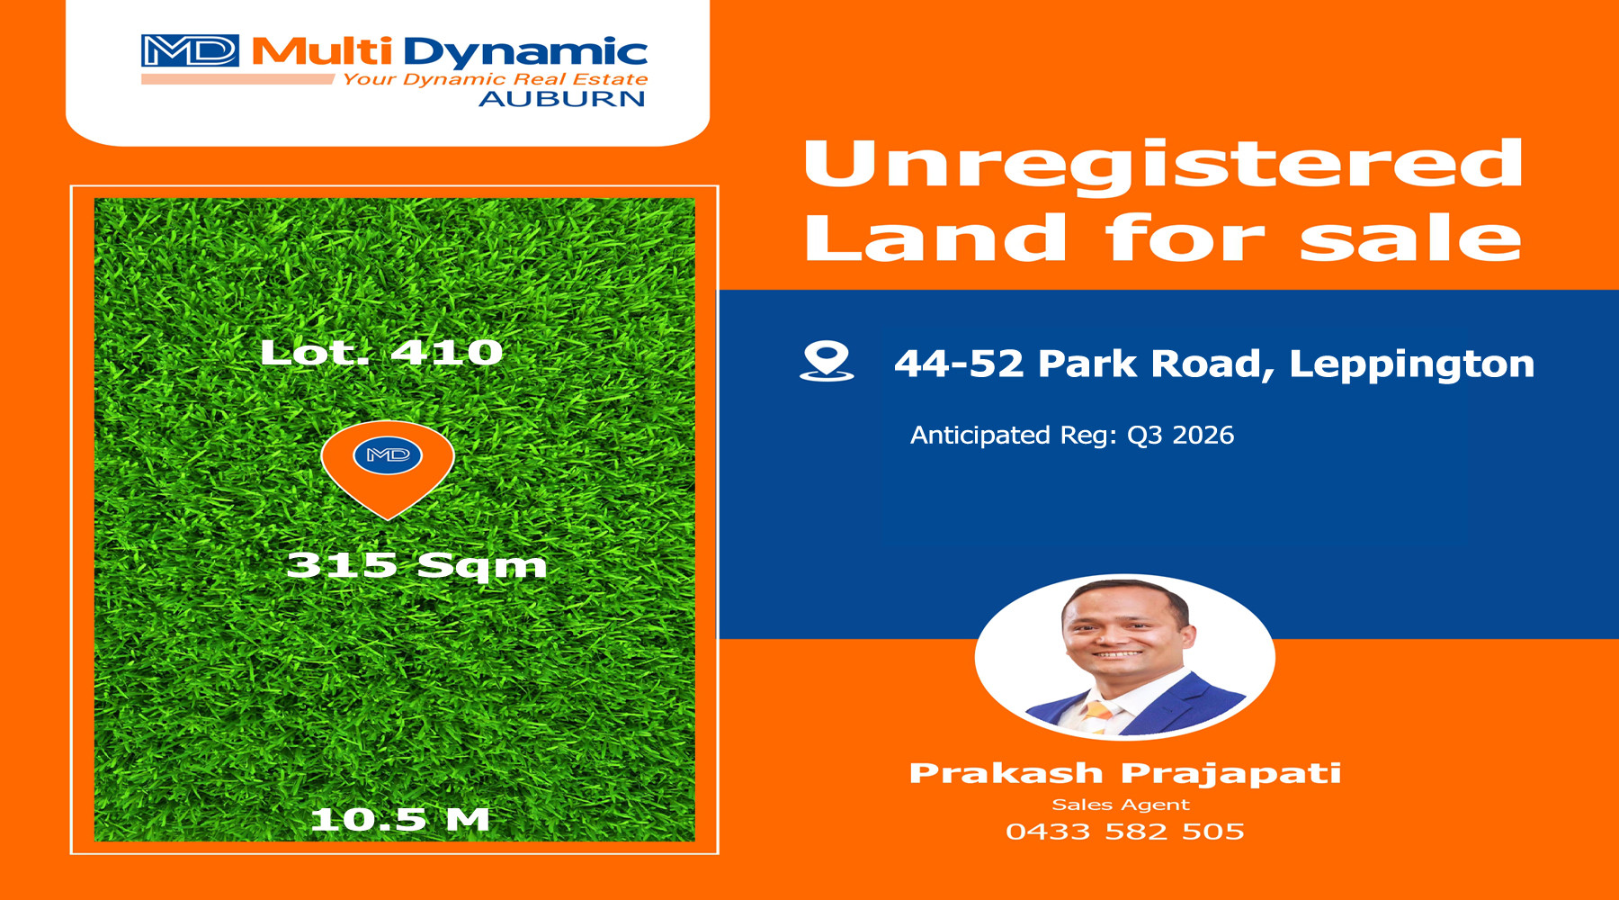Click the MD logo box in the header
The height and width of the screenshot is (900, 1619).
[190, 51]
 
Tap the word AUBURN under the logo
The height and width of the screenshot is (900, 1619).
[562, 99]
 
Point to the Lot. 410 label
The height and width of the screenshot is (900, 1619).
[381, 352]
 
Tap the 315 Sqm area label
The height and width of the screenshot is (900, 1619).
[416, 565]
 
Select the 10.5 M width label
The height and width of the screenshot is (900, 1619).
[399, 819]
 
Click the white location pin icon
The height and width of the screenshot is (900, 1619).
[827, 362]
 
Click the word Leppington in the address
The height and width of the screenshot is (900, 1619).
[1411, 364]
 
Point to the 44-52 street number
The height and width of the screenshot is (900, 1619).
[959, 364]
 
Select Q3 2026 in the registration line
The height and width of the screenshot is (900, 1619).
[1180, 436]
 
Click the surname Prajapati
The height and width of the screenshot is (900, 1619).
[1231, 774]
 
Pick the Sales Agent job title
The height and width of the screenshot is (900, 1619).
[1121, 805]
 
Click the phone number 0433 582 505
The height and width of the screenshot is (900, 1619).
[1125, 832]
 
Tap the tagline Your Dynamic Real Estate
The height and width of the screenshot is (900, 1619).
[495, 79]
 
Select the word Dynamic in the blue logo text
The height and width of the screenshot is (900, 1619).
[525, 53]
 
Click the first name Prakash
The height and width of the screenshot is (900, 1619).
[1006, 773]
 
